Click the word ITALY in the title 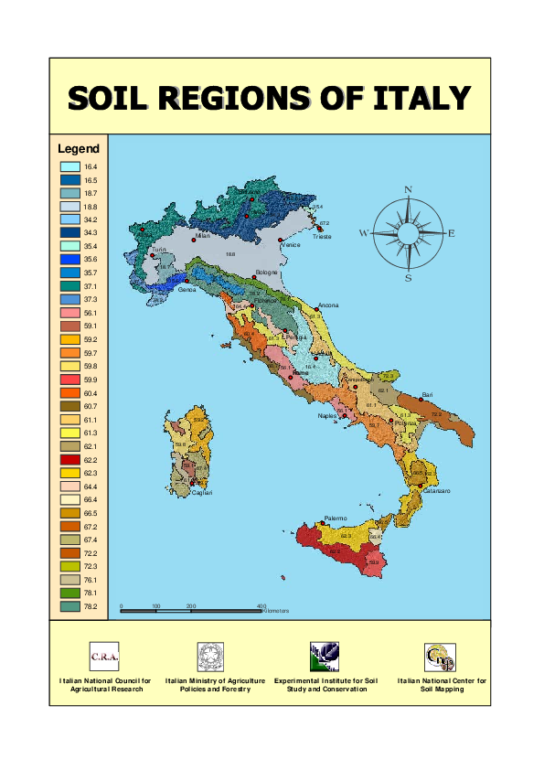point(421,98)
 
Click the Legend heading point(79,148)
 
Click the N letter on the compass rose point(409,190)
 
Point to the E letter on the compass point(452,234)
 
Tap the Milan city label point(203,236)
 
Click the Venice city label point(291,245)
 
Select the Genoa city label point(187,291)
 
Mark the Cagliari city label point(202,493)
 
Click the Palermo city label point(336,519)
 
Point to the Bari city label point(427,394)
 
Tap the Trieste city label point(322,236)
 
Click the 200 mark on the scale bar point(191,606)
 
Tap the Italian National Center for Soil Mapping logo point(441,656)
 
